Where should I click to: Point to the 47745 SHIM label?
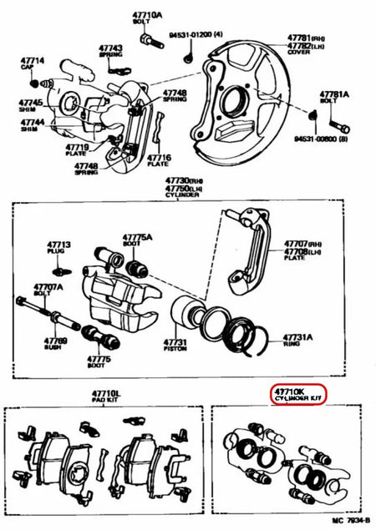(30, 106)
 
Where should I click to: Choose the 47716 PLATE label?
(160, 160)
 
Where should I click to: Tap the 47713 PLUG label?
(59, 250)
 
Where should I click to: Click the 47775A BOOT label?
(139, 240)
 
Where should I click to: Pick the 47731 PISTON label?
(175, 346)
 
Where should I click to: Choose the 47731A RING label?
(296, 342)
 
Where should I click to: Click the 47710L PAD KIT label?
(105, 396)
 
